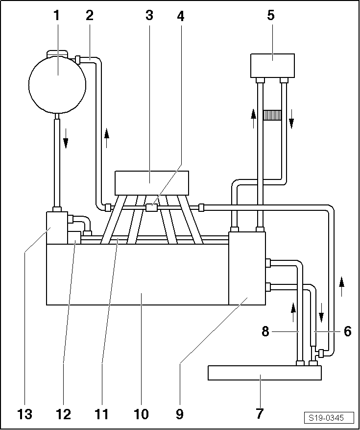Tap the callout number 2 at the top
coord(89,16)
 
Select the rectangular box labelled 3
coord(152,183)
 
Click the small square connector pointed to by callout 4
coord(151,207)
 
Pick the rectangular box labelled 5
coord(273,66)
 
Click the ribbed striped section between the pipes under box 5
coord(272,115)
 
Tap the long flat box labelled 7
coord(264,373)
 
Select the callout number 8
coord(265,332)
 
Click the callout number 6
coord(347,332)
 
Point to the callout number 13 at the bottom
coord(24,414)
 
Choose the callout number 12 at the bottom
coord(63,414)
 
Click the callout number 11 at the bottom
coord(102,414)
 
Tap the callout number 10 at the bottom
coord(141,414)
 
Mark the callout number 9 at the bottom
coord(180,414)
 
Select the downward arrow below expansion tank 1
coord(66,138)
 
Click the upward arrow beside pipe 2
coord(107,138)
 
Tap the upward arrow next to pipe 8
coord(293,312)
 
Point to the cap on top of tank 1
coord(57,53)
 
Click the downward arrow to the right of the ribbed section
coord(291,119)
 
